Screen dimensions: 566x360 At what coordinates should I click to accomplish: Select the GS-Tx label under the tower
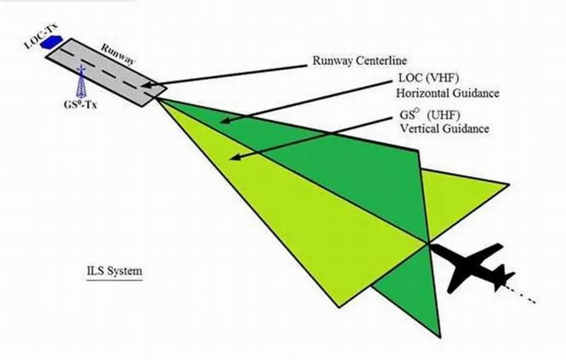(80, 105)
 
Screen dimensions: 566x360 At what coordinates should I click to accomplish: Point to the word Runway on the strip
(117, 54)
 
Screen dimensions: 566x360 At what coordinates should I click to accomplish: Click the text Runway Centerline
(359, 60)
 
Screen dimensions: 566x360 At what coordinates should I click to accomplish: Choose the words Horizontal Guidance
(448, 93)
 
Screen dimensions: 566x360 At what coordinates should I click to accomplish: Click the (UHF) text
(444, 115)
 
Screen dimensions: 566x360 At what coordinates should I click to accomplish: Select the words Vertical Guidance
(445, 129)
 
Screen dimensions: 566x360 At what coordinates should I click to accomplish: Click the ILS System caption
(115, 271)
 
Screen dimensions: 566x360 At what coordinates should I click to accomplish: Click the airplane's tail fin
(504, 277)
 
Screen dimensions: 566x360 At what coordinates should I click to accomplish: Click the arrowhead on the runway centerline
(146, 86)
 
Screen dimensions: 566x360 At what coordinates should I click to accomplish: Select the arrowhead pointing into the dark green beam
(225, 121)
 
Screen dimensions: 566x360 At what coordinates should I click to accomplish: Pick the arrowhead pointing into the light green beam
(236, 157)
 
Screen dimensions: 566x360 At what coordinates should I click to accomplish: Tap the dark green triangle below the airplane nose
(415, 289)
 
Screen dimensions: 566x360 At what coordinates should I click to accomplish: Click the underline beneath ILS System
(115, 279)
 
